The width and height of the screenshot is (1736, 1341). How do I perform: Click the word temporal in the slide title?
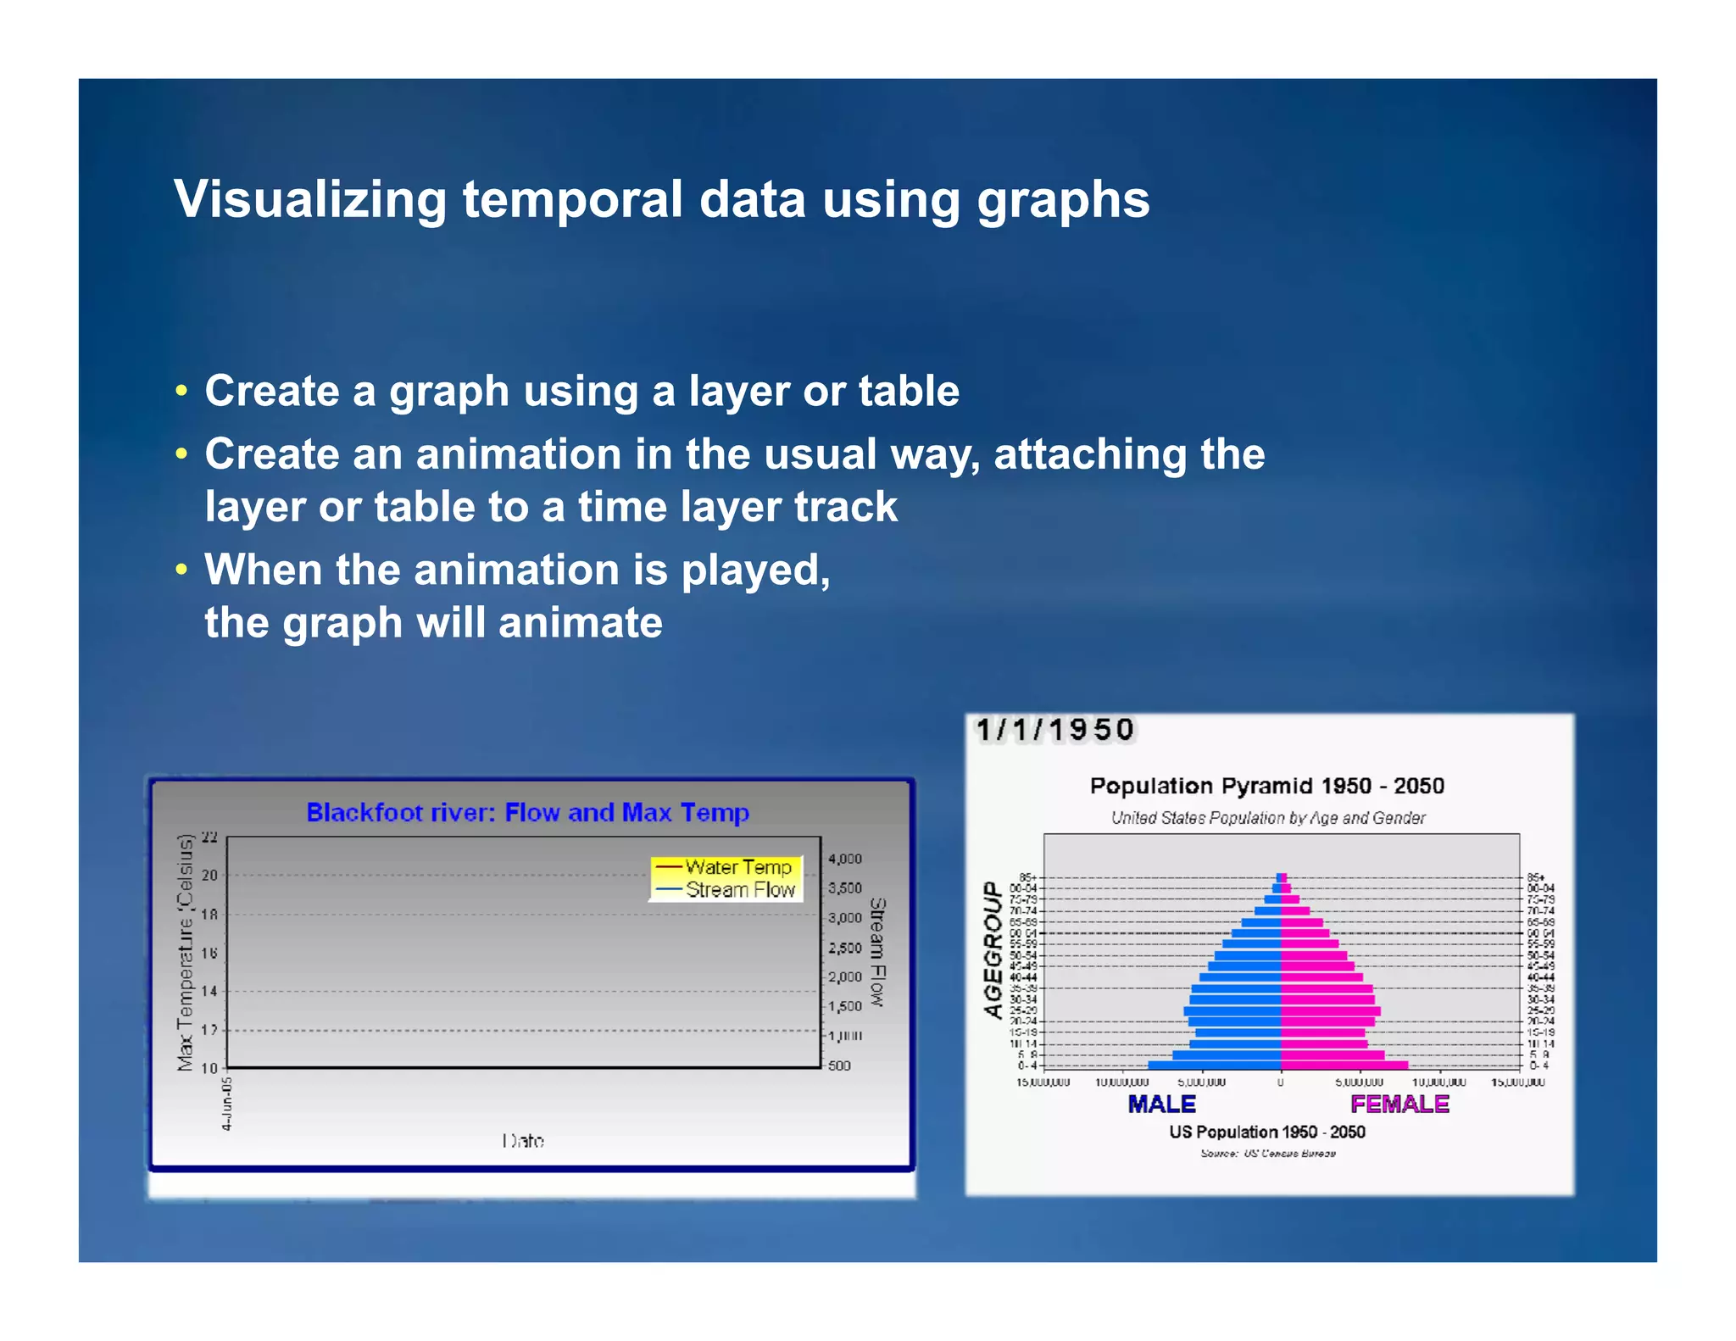click(572, 200)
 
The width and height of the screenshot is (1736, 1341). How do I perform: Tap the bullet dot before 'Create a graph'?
click(181, 392)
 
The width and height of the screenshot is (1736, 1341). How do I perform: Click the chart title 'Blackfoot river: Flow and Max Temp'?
click(527, 812)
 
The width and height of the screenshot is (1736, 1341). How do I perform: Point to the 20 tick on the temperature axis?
click(209, 875)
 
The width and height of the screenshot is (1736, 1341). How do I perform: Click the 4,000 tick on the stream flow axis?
click(844, 859)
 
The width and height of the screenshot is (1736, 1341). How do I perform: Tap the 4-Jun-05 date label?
click(226, 1104)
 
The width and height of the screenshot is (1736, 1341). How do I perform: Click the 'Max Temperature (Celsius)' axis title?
click(185, 953)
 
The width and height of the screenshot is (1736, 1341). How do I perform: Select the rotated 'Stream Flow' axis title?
click(877, 952)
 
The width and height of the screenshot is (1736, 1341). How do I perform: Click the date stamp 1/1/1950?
click(1054, 730)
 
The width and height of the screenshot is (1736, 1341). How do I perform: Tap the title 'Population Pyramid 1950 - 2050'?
click(1266, 786)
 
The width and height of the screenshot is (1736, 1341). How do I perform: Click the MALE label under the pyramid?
click(1161, 1104)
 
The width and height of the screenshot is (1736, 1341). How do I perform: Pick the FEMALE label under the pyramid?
click(1399, 1104)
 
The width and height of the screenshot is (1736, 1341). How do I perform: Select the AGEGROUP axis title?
click(993, 949)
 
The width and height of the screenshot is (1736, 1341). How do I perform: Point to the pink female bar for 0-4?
click(1344, 1066)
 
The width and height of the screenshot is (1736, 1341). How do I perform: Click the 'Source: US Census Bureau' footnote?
click(1267, 1154)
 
